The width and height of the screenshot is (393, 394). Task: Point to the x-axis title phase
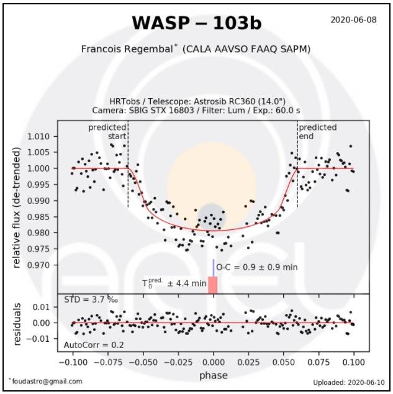(213, 375)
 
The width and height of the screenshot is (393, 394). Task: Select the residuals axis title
(17, 324)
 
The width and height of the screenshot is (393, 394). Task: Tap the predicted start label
(107, 132)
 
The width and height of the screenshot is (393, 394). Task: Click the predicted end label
(318, 132)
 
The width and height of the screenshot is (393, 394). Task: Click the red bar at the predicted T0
(212, 285)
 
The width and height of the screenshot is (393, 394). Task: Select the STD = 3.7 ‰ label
(91, 300)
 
